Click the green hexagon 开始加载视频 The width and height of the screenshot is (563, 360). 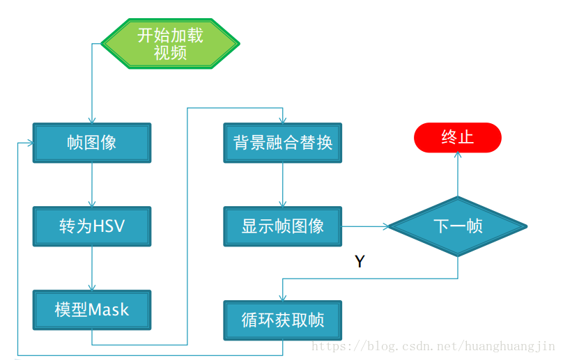click(170, 43)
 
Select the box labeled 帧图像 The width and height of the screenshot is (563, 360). click(91, 143)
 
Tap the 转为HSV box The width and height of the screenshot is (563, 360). click(91, 226)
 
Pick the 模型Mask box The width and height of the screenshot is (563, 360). click(91, 309)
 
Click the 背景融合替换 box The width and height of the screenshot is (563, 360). click(282, 143)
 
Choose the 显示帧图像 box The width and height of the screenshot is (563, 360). click(282, 226)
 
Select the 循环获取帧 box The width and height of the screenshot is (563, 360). click(282, 320)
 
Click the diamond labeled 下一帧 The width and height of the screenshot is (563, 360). click(457, 226)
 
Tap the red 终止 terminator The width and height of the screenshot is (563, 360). click(457, 137)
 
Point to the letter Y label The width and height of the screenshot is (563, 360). click(360, 262)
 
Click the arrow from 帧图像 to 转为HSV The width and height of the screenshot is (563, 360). click(91, 185)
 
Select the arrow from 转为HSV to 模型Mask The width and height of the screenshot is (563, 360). click(91, 268)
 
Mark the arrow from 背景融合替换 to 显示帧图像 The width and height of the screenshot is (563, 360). click(282, 185)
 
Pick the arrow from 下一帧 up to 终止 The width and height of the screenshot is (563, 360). click(457, 174)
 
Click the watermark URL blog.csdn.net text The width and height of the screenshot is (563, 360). click(432, 345)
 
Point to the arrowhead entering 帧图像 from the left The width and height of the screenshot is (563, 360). click(29, 143)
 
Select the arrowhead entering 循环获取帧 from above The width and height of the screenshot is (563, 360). click(282, 297)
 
